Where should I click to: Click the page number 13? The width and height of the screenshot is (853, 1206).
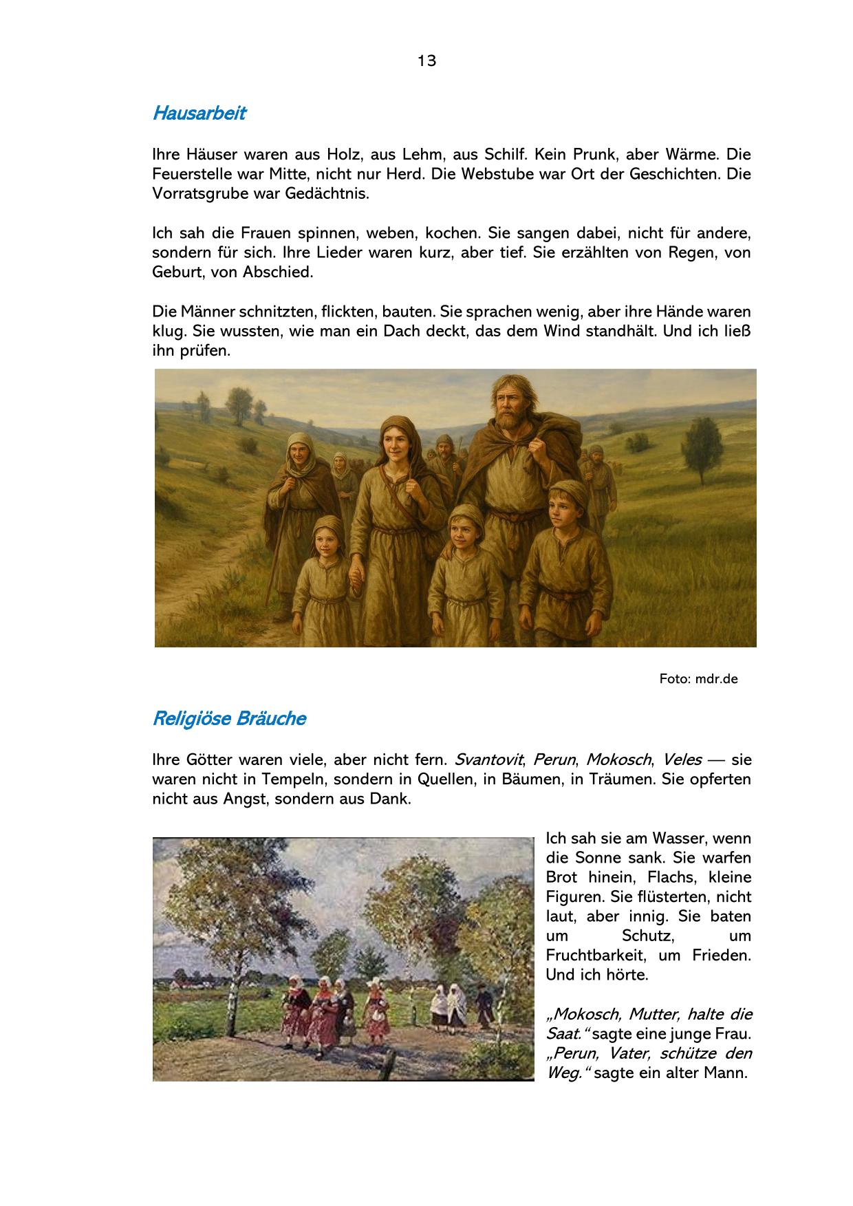(426, 61)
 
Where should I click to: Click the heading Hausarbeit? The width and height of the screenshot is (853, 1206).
(199, 114)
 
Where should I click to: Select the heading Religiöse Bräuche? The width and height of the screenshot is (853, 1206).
(228, 719)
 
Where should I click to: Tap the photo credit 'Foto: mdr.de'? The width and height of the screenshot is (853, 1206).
(698, 679)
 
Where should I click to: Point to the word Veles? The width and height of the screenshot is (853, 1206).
(682, 760)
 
